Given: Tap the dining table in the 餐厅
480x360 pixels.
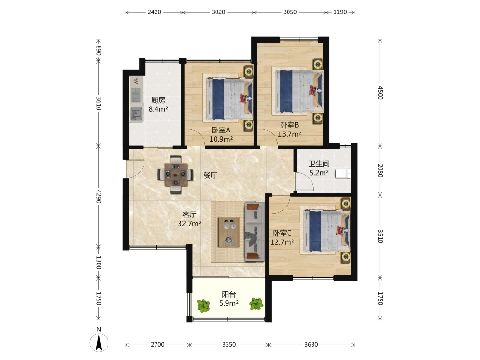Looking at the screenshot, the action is [x=175, y=175].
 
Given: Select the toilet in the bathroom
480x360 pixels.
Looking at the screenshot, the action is [x=343, y=174].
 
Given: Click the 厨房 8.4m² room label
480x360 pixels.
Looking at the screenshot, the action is [x=158, y=105].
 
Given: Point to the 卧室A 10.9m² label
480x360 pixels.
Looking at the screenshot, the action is [x=221, y=135].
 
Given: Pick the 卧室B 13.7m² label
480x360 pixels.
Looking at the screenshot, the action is [x=289, y=130].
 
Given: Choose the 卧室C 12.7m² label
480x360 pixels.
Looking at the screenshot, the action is [x=282, y=238].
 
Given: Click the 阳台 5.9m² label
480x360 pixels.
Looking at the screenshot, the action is [x=229, y=299].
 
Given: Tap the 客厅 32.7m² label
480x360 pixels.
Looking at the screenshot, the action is [x=190, y=219].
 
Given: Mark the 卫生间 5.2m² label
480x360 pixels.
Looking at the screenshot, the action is [x=319, y=168].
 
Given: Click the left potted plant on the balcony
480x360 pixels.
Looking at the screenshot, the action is [x=204, y=305].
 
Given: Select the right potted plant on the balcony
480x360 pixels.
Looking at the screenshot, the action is [x=256, y=304].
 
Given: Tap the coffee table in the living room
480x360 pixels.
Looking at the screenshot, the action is [x=229, y=232].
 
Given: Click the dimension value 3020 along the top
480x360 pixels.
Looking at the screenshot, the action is [x=218, y=12].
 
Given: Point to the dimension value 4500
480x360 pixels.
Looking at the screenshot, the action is [x=380, y=93].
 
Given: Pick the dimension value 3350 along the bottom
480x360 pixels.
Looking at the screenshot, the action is [x=228, y=345].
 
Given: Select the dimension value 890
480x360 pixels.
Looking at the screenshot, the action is [x=98, y=50].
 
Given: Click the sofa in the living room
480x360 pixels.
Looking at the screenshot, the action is [x=255, y=232].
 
